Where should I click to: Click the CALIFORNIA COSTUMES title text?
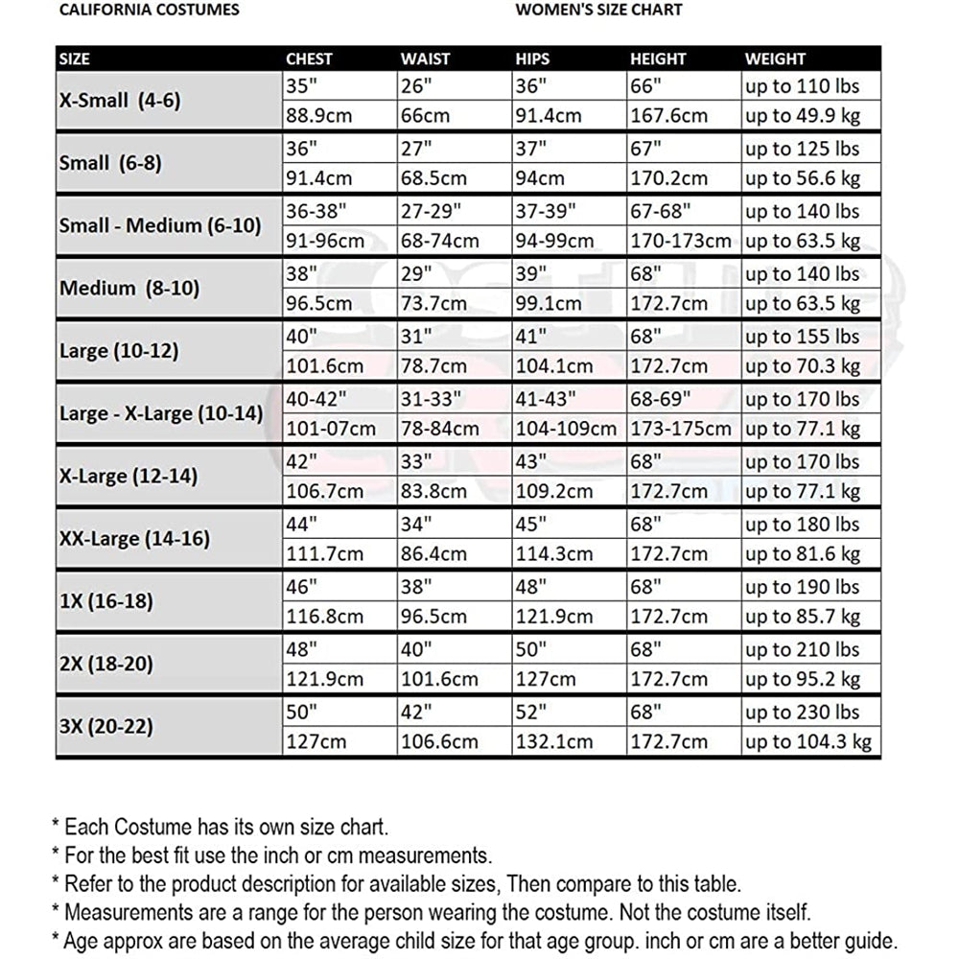coord(150,11)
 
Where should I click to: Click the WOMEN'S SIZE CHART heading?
coord(598,11)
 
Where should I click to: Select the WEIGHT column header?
coord(776,59)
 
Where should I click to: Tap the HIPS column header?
coord(533,59)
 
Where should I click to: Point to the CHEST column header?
coord(310,59)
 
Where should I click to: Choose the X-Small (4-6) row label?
coord(120,101)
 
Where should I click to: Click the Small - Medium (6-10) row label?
coord(160,226)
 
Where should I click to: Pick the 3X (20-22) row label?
coord(106,727)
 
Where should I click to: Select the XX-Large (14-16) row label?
coord(134,539)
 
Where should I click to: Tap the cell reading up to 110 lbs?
coord(802,86)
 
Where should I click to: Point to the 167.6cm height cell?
coord(668,116)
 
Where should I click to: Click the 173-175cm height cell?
coord(681,429)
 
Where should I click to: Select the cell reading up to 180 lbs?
coord(802,525)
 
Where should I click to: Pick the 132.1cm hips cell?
coord(554,741)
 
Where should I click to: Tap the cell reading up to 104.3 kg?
coord(807,741)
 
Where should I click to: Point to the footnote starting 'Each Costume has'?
coord(220,826)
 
